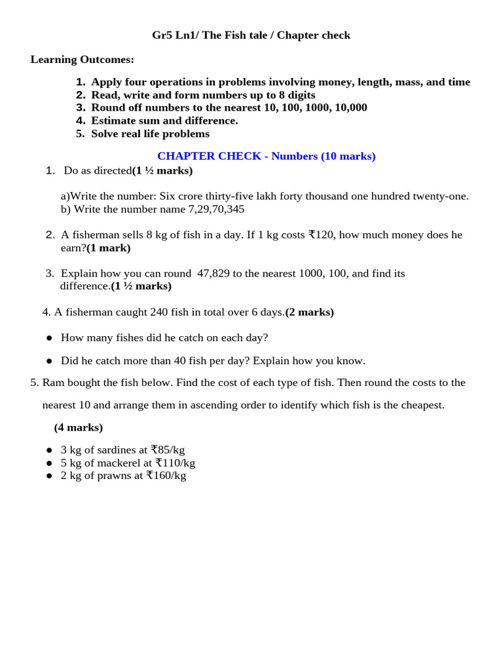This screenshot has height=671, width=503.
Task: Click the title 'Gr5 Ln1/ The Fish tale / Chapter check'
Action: tap(251, 35)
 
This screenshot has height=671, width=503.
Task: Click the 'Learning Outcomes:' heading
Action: tap(82, 60)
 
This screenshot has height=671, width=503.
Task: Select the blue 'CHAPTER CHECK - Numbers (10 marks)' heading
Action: tap(266, 156)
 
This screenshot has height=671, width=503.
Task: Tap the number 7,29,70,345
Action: tap(216, 209)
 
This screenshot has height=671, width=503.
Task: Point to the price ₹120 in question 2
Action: tap(321, 235)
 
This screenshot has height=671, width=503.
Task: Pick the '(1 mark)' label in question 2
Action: tap(109, 248)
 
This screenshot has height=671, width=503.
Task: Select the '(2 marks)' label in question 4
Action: tap(309, 312)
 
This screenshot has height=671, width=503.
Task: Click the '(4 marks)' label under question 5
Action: tap(79, 427)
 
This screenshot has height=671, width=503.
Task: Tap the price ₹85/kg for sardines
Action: tap(168, 450)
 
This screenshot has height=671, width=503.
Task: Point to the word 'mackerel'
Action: tap(121, 463)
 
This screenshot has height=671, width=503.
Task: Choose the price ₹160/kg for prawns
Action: tap(166, 476)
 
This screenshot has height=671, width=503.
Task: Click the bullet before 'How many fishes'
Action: tap(49, 338)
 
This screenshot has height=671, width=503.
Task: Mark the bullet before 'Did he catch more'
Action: tap(49, 361)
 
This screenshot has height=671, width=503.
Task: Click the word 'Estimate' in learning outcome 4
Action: tap(113, 121)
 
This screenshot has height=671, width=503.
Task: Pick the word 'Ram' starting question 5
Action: tap(53, 383)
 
